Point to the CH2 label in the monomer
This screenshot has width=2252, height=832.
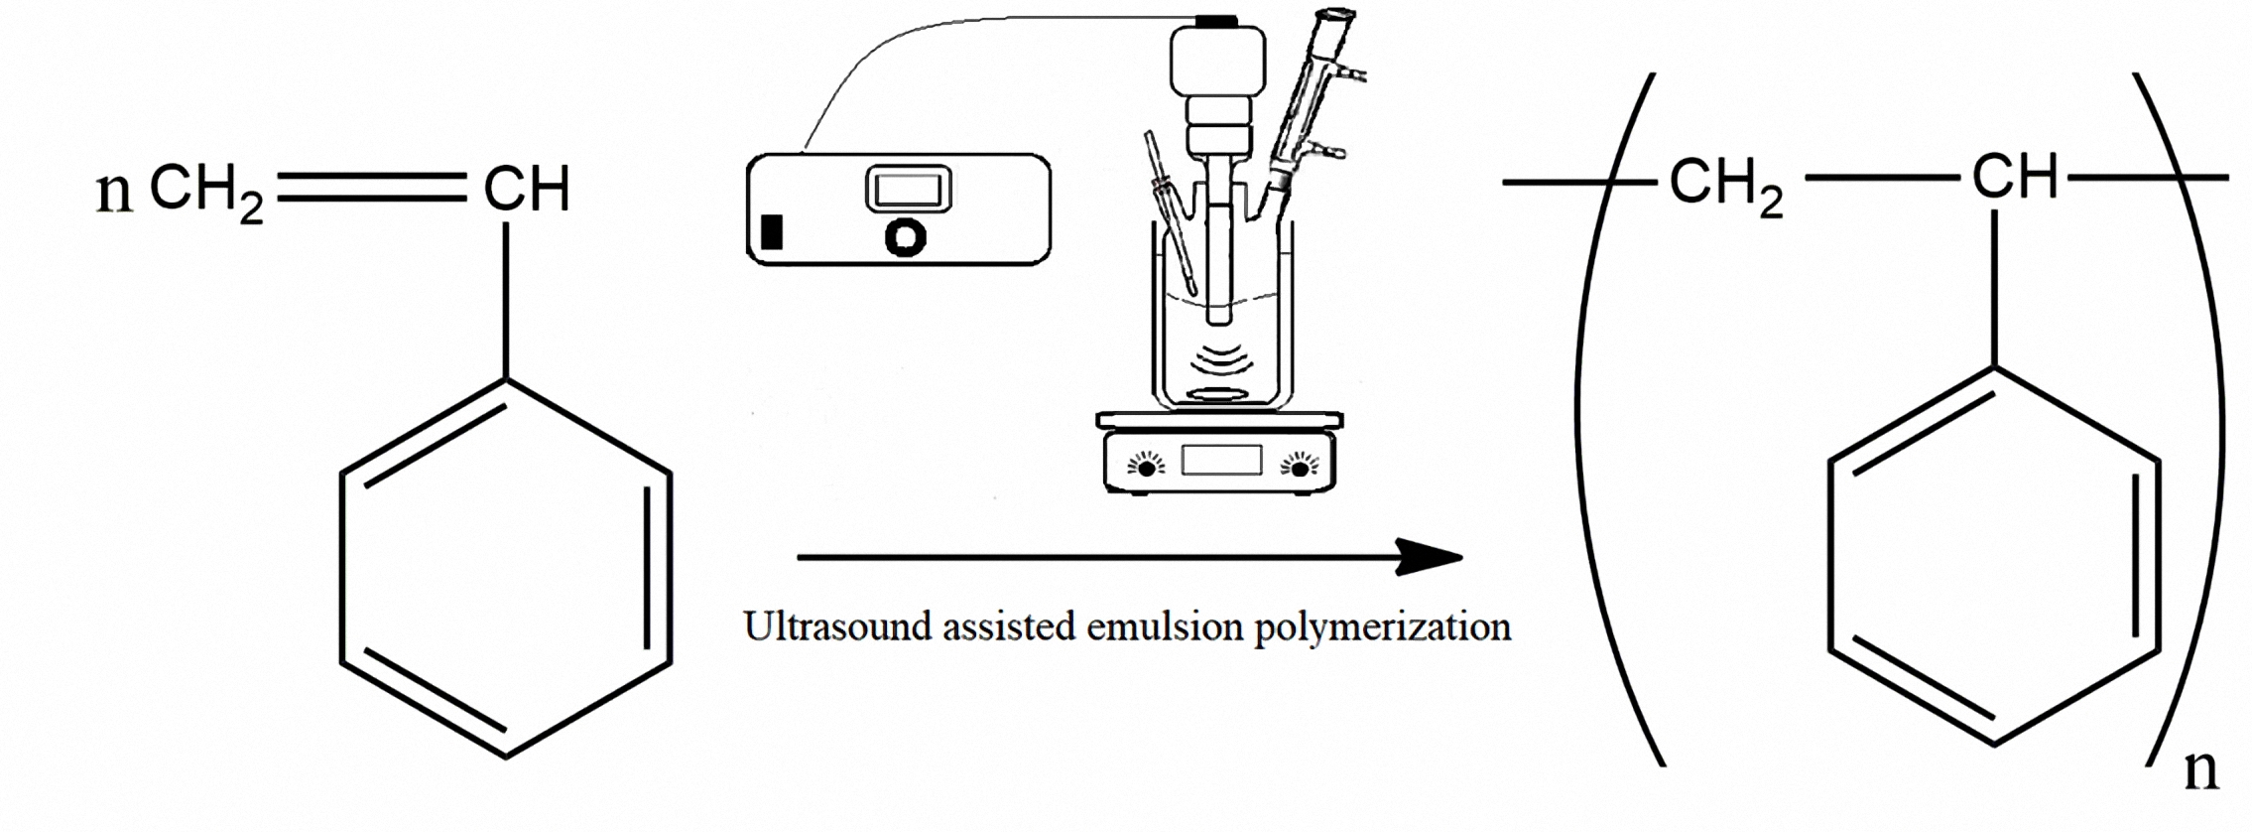click(x=206, y=192)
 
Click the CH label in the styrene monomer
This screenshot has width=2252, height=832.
click(x=526, y=190)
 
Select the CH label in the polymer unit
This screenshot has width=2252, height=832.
click(x=2014, y=179)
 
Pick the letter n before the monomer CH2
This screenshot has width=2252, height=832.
click(x=114, y=193)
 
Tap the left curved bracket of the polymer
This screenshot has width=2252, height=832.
click(x=1597, y=417)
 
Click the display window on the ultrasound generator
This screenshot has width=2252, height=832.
click(x=908, y=189)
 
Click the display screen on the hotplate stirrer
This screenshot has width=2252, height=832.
click(x=1221, y=461)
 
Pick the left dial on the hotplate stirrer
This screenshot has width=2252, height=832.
click(x=1146, y=465)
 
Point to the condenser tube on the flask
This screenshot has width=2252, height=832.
click(x=1308, y=99)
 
